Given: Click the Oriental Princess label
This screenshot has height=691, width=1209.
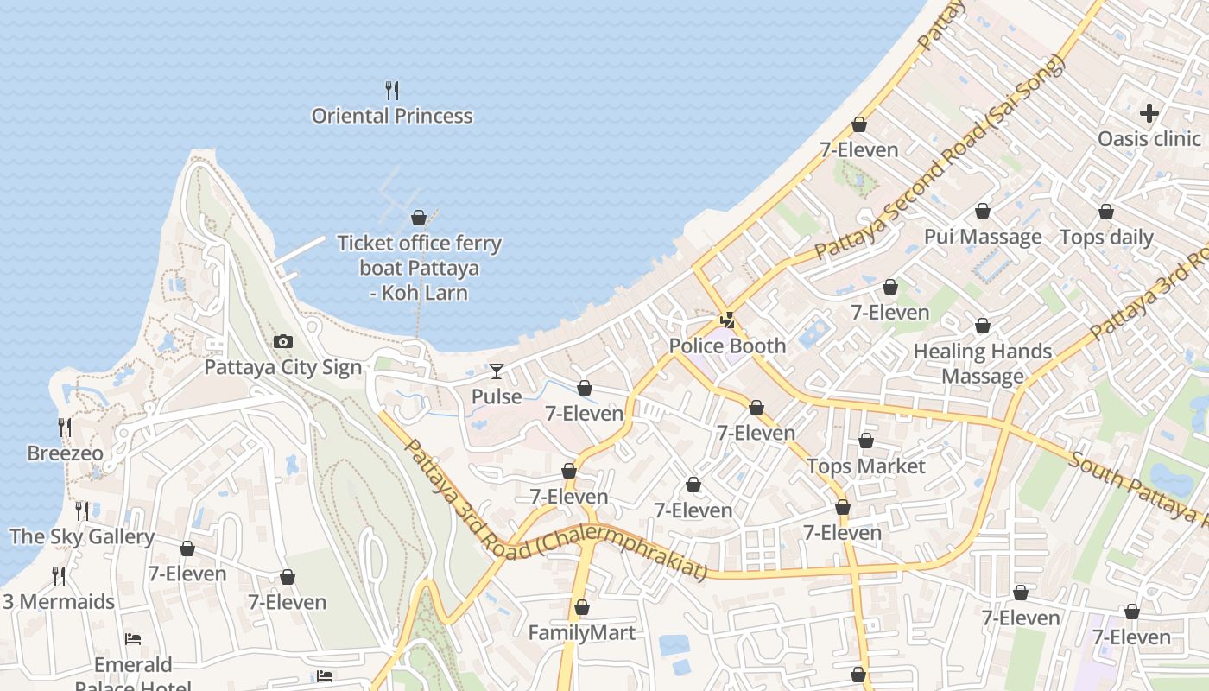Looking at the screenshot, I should (x=392, y=116).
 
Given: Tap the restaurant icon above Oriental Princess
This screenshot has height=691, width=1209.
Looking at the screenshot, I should (x=392, y=90).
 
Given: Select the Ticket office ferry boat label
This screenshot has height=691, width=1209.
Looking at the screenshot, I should (x=419, y=268).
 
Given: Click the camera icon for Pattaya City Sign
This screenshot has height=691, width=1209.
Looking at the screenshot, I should (x=283, y=342).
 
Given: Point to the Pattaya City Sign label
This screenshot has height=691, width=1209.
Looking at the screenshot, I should (x=283, y=367).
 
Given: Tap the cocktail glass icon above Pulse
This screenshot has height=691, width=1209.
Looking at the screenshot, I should (x=497, y=371).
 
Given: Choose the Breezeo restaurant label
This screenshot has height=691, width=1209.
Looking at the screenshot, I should (x=65, y=453).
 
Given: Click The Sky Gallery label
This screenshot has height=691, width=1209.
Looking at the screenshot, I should (x=82, y=536).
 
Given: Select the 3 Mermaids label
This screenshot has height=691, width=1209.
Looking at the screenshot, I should (x=59, y=601).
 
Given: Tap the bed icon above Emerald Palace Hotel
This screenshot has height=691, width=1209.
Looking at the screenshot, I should (x=133, y=639).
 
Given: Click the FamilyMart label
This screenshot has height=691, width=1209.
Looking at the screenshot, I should (x=582, y=633).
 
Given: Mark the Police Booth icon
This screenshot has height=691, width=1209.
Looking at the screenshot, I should (x=728, y=320).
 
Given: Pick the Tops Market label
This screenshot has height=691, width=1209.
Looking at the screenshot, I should (x=866, y=466).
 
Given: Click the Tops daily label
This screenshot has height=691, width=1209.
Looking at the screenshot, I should (x=1106, y=238).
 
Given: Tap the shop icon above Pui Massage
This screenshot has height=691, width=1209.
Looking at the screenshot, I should (x=983, y=211).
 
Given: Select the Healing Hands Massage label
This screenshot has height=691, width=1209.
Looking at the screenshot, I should (x=983, y=364).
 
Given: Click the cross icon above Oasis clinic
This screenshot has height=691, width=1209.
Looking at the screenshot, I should (x=1149, y=113).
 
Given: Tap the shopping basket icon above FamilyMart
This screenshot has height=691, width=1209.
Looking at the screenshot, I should (x=582, y=608).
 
